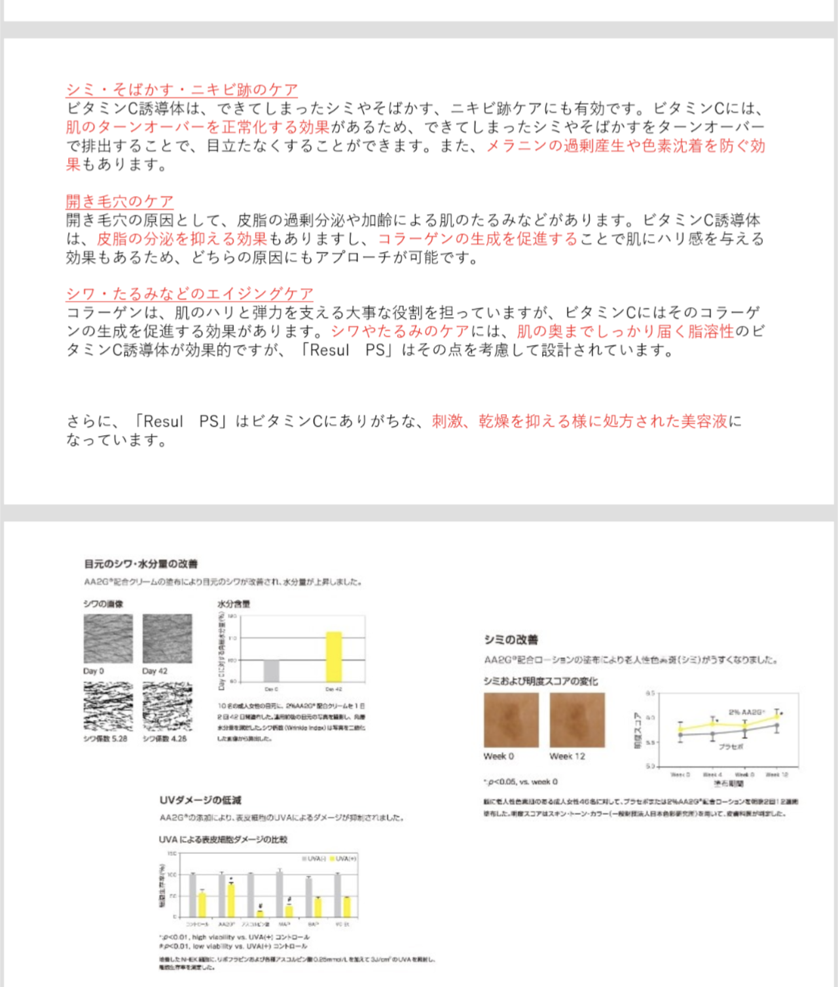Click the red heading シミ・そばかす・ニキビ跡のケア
[x=181, y=90]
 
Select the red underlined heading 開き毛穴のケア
[x=119, y=201]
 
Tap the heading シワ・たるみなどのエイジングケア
[x=189, y=294]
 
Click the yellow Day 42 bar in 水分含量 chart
[x=334, y=656]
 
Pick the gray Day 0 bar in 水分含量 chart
[x=271, y=671]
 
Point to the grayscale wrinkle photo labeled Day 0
[x=108, y=638]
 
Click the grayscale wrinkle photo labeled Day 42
[x=167, y=638]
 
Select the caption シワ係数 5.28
[x=105, y=738]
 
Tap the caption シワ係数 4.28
[x=164, y=738]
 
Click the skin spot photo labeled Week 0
[x=511, y=720]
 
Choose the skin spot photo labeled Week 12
[x=577, y=720]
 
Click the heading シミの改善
[x=511, y=639]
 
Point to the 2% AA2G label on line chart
[x=745, y=711]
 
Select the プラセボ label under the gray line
[x=731, y=746]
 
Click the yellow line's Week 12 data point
[x=777, y=717]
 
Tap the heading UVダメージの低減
[x=200, y=800]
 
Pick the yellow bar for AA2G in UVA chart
[x=230, y=899]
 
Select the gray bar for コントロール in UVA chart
[x=192, y=895]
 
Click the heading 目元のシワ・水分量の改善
[x=140, y=564]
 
